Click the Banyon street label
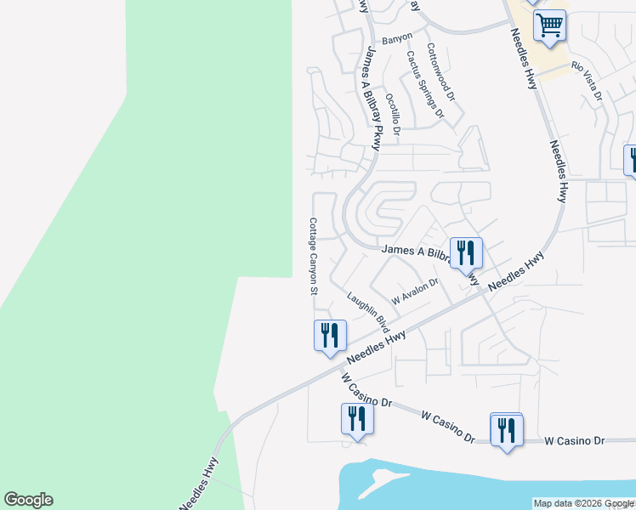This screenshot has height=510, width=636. click(x=397, y=37)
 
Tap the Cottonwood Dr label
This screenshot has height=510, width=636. click(x=441, y=73)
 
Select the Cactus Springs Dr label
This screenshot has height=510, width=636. click(x=425, y=84)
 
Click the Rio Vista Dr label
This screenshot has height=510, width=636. click(x=587, y=82)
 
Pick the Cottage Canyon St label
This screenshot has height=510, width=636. click(x=313, y=256)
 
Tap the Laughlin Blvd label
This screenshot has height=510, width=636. click(x=367, y=312)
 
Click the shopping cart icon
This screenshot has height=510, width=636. click(x=549, y=25)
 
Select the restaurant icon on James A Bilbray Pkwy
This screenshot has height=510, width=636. click(x=465, y=252)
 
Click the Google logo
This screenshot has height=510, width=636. click(x=28, y=500)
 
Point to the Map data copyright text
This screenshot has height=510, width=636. click(x=582, y=503)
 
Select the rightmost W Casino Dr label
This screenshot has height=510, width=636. click(x=574, y=440)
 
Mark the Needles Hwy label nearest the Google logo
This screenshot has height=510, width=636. click(x=199, y=483)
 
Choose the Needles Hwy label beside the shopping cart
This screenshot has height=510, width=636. click(x=523, y=59)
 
